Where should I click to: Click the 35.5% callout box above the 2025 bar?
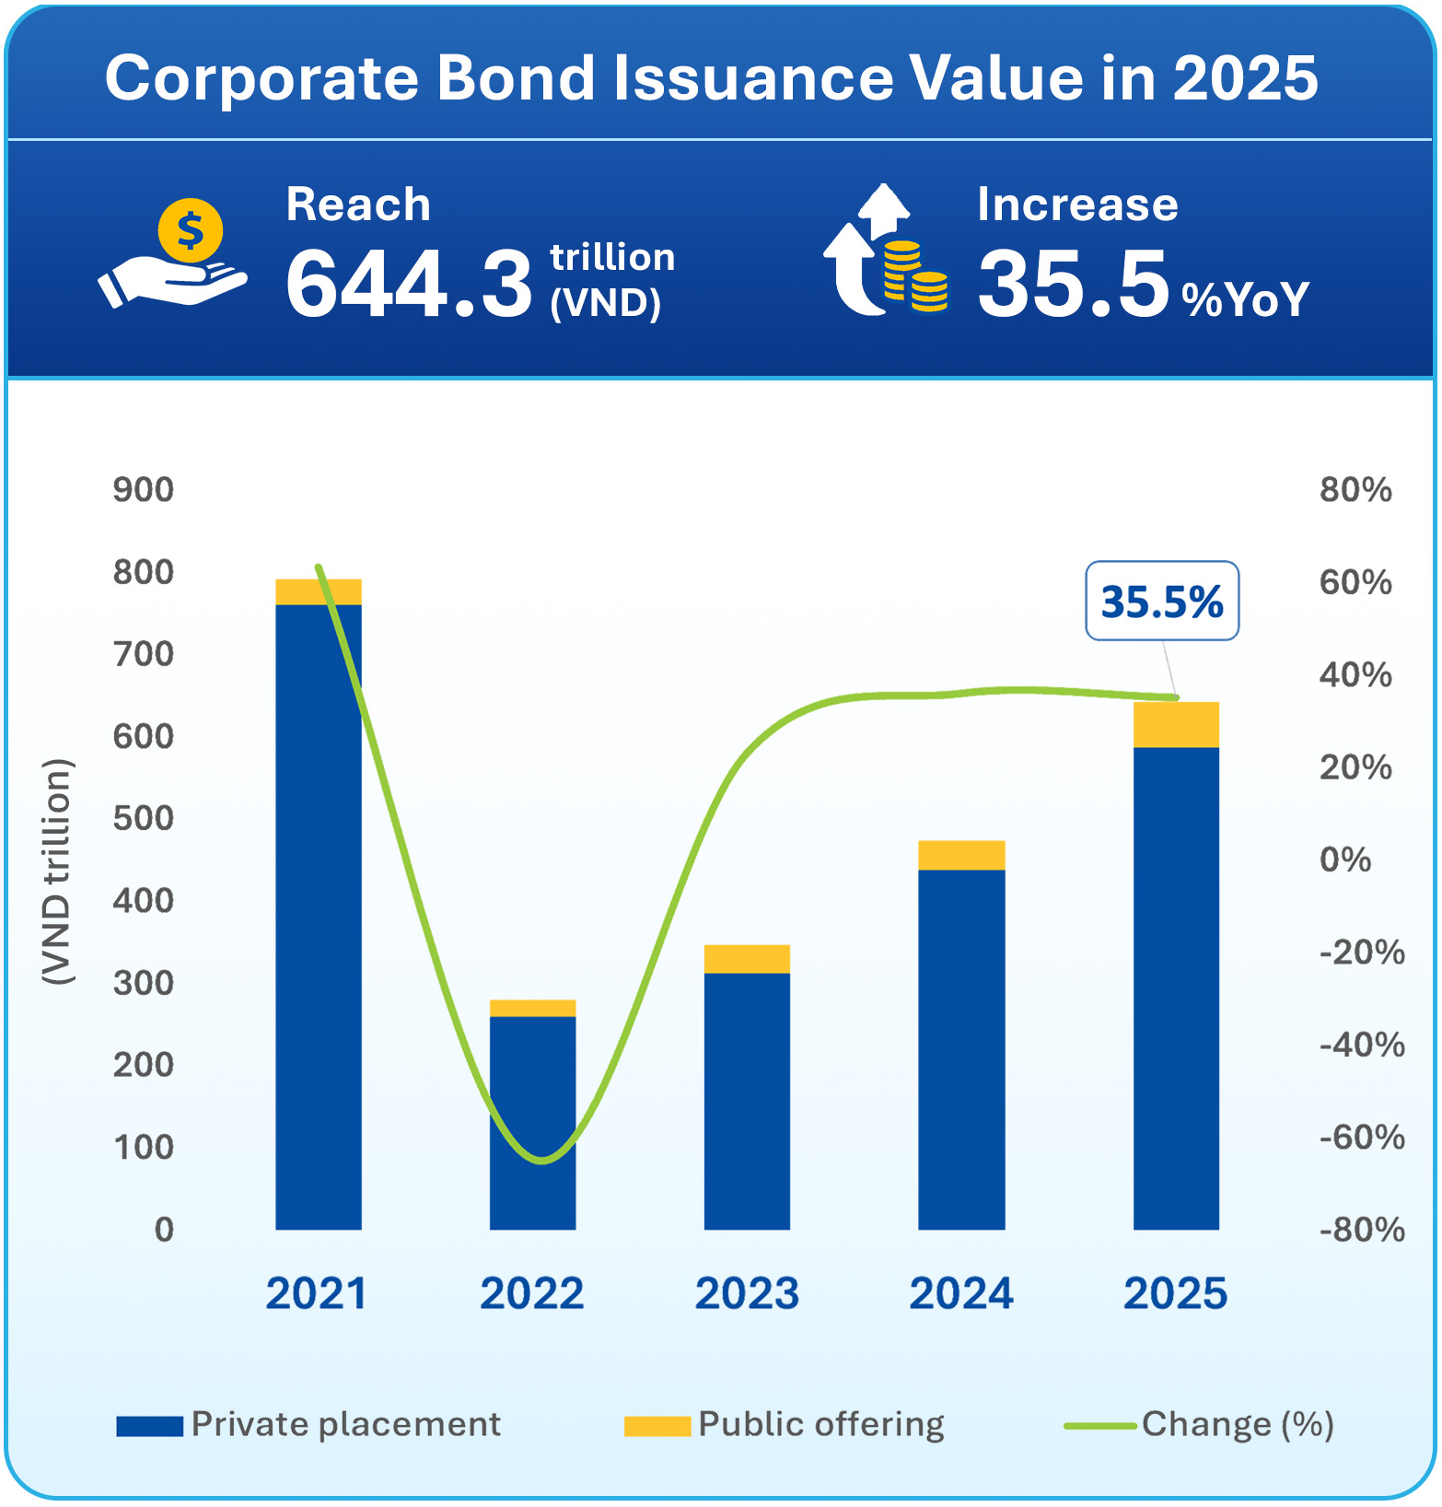[x=1161, y=602]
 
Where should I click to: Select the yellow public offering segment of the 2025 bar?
[x=1175, y=725]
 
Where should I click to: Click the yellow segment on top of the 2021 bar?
[x=318, y=591]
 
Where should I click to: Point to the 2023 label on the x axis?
[x=746, y=1293]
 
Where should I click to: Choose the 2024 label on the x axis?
[x=960, y=1293]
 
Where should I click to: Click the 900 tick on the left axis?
[x=144, y=490]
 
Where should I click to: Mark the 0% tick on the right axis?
[x=1344, y=860]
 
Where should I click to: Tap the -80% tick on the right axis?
[x=1361, y=1230]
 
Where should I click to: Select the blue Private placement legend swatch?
[x=149, y=1426]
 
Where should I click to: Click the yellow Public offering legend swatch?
[x=657, y=1426]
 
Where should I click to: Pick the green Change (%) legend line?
[x=1099, y=1426]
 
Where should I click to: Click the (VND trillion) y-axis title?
[x=57, y=871]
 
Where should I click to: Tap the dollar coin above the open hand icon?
[x=190, y=230]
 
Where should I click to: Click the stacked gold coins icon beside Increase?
[x=915, y=276]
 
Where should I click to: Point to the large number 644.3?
[x=409, y=284]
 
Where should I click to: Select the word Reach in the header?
[x=358, y=204]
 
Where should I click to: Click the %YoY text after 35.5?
[x=1245, y=299]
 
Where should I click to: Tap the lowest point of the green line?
[x=541, y=1161]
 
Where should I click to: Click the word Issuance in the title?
[x=753, y=77]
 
